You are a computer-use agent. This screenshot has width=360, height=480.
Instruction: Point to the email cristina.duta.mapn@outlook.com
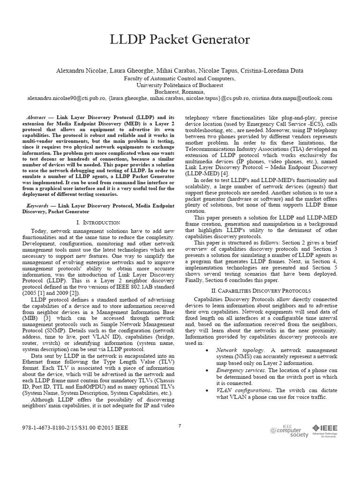click(x=292, y=98)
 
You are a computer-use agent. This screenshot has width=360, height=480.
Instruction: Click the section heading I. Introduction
click(x=98, y=222)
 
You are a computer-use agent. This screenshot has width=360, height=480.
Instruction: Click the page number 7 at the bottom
click(x=180, y=426)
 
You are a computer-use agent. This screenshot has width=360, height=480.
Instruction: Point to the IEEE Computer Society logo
click(x=289, y=431)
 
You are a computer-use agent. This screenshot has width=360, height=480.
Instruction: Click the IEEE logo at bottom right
click(x=325, y=430)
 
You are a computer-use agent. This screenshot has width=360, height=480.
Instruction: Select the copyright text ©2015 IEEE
click(x=112, y=428)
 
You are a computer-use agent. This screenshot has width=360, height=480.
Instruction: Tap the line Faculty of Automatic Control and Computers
click(x=180, y=78)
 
